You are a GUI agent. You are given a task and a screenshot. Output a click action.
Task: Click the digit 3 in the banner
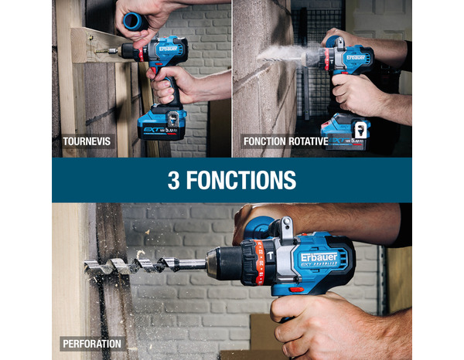(175, 180)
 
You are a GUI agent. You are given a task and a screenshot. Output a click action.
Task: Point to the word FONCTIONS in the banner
(242, 180)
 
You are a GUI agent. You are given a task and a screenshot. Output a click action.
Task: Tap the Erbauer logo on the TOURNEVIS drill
(169, 49)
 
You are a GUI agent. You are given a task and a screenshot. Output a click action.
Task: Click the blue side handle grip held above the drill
(135, 21)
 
